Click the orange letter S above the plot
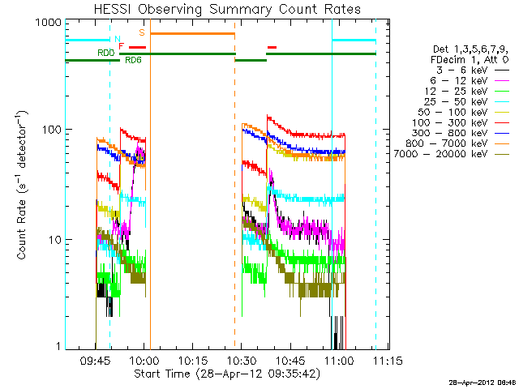142,32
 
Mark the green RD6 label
133,60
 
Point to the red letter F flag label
122,46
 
